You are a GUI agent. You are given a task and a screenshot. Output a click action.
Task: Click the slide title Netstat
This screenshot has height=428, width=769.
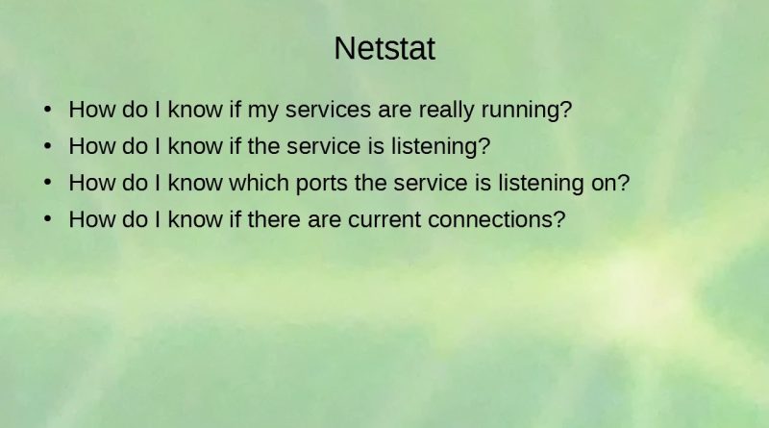[x=384, y=48]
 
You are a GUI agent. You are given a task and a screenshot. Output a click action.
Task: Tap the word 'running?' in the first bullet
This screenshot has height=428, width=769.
[x=527, y=111]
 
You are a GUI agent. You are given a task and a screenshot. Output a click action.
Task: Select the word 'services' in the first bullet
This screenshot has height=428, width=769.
[x=328, y=109]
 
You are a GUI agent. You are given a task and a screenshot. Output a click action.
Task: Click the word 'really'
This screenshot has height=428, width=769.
[x=446, y=111]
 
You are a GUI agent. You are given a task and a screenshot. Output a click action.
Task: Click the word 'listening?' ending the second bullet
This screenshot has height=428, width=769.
[x=440, y=147]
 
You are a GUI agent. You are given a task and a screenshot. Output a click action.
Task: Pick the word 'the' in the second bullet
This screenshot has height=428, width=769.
[x=263, y=146]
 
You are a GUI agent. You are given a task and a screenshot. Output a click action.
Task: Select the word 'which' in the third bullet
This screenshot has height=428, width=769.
[x=259, y=183]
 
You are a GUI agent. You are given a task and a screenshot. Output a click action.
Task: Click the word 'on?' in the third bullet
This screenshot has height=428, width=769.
[x=610, y=183]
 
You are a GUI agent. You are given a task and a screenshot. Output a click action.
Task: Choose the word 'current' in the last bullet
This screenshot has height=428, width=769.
[x=384, y=219]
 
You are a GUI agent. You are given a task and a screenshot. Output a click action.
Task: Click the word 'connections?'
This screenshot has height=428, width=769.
[x=497, y=219]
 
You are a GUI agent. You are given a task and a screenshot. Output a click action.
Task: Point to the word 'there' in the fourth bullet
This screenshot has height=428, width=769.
[x=274, y=219]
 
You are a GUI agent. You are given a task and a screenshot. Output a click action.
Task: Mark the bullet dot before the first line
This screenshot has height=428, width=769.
[x=47, y=109]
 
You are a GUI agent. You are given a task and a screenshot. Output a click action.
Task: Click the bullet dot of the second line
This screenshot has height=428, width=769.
[x=47, y=146]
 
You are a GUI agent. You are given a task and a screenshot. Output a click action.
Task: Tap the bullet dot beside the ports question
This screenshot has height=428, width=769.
[x=47, y=183]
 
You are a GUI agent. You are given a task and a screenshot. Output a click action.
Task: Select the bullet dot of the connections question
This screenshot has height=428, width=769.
[x=47, y=219]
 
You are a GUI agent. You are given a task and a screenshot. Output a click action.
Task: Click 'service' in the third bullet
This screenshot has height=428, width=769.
[x=430, y=183]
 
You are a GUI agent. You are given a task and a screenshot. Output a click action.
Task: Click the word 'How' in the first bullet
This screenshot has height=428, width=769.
[x=91, y=109]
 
